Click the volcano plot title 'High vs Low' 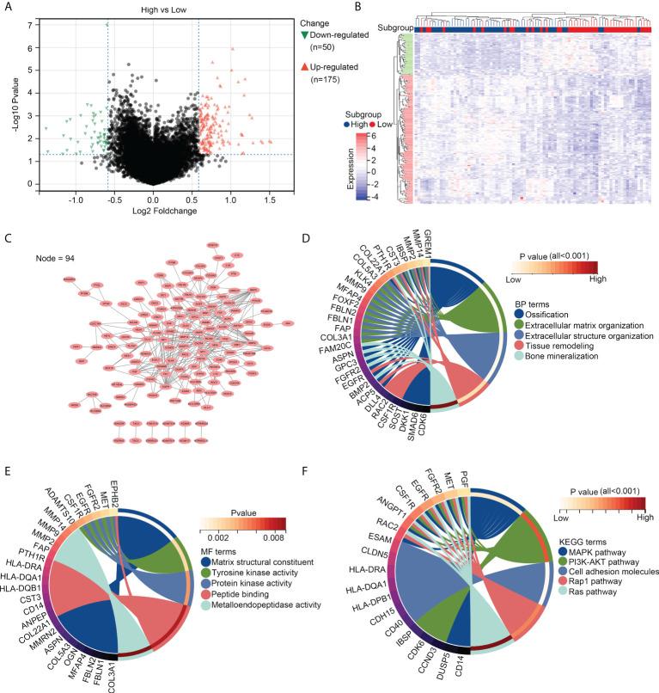(152, 9)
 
